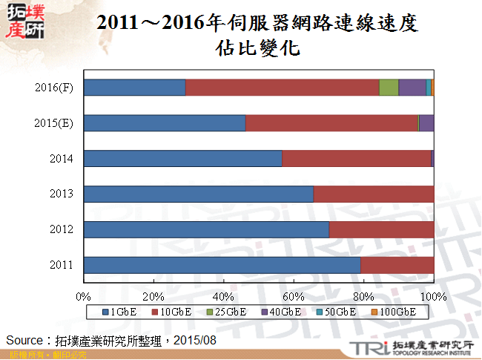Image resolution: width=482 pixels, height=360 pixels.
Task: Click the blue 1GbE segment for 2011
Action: coord(222,265)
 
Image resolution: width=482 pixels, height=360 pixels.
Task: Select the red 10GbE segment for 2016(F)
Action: coord(282,88)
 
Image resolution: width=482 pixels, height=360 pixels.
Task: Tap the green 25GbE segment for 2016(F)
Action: coord(389,88)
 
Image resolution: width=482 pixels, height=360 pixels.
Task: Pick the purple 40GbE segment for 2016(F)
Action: coord(412,88)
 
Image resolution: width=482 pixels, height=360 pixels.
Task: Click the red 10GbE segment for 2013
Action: coord(374,194)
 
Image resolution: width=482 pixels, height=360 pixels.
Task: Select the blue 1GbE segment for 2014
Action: coord(182,159)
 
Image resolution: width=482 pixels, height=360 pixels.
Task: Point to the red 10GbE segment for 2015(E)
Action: coord(331,123)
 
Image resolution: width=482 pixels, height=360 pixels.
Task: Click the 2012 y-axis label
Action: coord(61,229)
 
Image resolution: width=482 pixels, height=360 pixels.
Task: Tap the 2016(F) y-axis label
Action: coord(54,88)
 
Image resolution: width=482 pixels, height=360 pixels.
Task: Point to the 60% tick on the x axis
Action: coord(294,296)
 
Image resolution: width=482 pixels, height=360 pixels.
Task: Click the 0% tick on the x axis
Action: coord(84,296)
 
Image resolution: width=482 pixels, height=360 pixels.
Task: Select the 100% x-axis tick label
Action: coord(434,296)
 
